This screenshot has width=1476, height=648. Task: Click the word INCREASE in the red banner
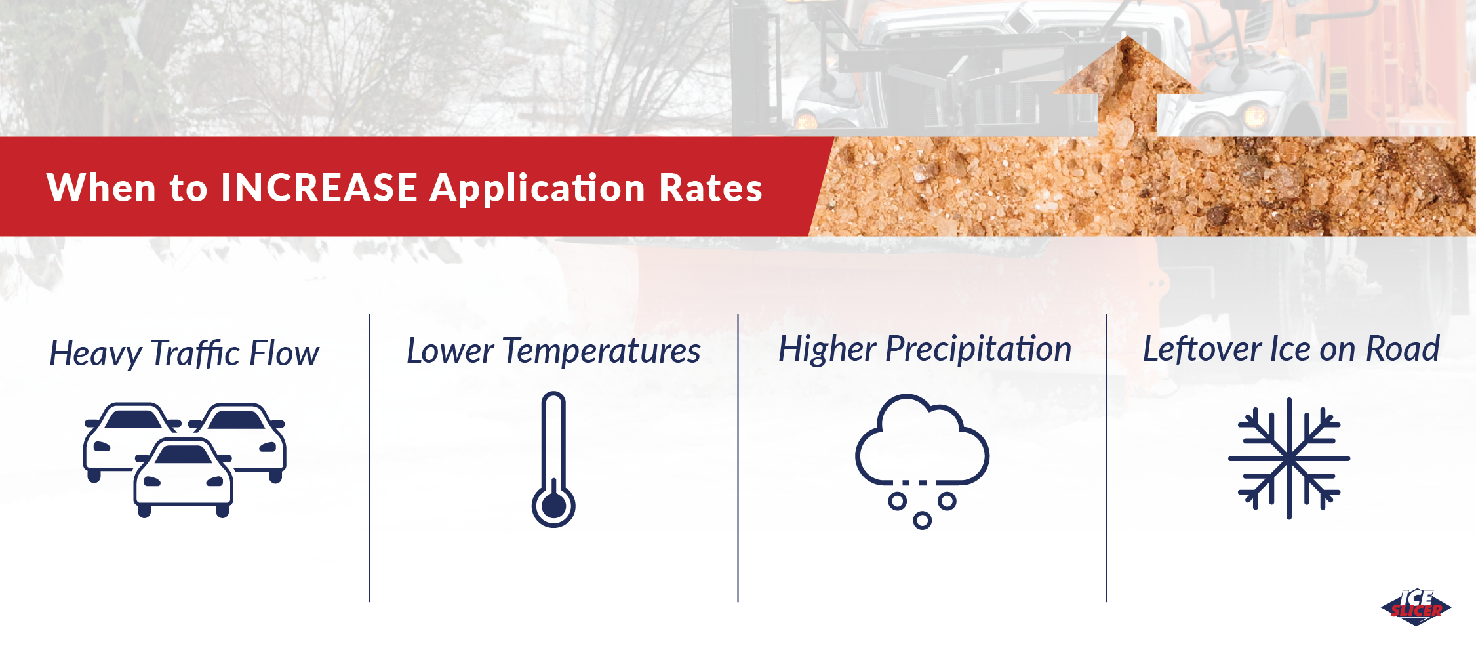tap(319, 188)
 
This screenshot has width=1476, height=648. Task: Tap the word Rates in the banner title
tap(711, 188)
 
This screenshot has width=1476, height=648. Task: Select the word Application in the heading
tap(538, 189)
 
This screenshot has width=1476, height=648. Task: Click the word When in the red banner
tap(102, 188)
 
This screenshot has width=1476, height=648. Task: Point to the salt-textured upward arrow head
tap(1127, 65)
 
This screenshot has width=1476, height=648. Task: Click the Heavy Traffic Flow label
tap(184, 354)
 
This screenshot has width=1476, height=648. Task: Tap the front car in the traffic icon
tap(184, 477)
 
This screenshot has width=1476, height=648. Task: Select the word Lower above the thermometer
tap(450, 351)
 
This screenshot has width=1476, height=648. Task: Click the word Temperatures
tap(602, 351)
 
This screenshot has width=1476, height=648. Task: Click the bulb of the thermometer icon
tap(553, 506)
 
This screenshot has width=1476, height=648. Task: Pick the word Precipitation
tap(978, 350)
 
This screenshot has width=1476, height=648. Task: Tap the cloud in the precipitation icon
tap(922, 441)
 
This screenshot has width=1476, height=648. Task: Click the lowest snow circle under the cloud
tap(922, 521)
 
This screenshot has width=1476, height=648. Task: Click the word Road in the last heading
tap(1403, 349)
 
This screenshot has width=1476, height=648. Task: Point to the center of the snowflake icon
tap(1289, 458)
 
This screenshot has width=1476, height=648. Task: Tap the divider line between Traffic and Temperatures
tap(369, 458)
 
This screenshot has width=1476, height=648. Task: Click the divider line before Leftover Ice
tap(1107, 458)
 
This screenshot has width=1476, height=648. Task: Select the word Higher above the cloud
tap(827, 350)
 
